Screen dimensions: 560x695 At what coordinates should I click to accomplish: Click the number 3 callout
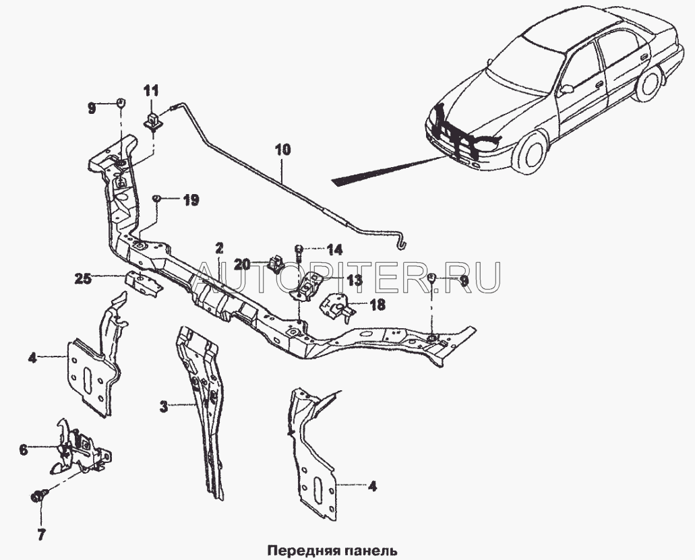tap(163, 406)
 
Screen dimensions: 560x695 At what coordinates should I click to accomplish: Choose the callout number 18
tap(377, 305)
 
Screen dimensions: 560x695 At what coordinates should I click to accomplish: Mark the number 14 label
tap(334, 249)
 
